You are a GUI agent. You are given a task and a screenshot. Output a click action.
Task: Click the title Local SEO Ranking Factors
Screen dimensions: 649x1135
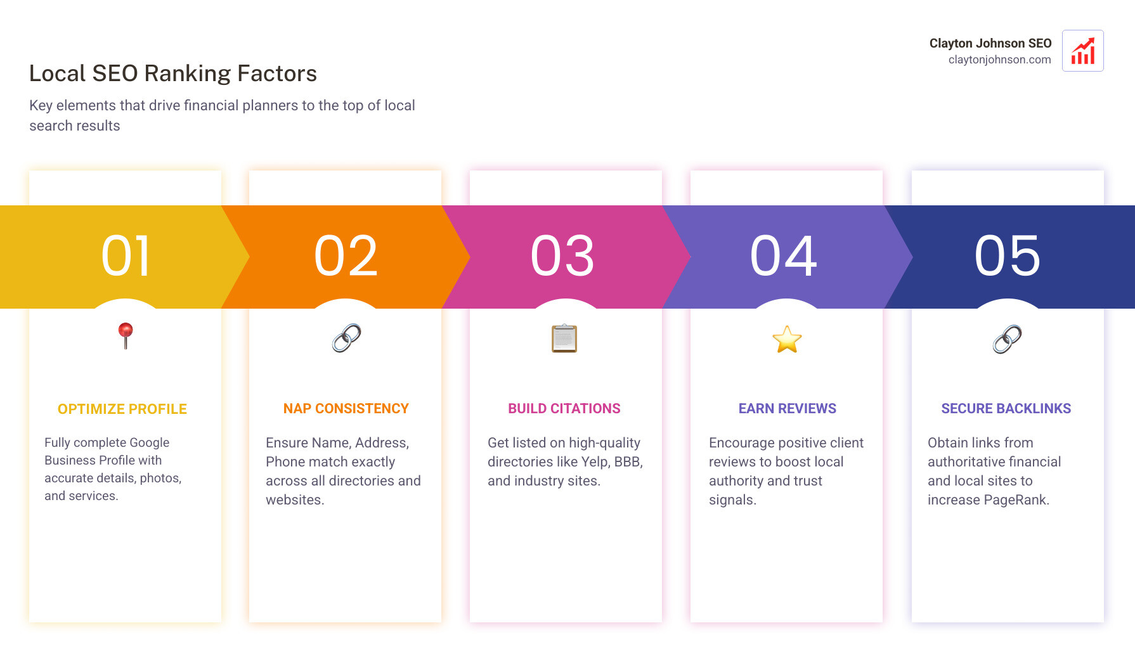(x=172, y=74)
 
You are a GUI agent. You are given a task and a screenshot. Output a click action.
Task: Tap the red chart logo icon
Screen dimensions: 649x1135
(x=1082, y=51)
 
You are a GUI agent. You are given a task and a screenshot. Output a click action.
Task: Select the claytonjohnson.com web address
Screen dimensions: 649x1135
(x=999, y=60)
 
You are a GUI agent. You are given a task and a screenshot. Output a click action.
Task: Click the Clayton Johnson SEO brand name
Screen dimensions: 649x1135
(x=990, y=43)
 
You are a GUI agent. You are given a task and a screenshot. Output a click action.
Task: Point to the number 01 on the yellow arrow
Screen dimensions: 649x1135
(x=126, y=256)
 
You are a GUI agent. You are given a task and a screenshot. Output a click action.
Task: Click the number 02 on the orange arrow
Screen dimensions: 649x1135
(x=346, y=256)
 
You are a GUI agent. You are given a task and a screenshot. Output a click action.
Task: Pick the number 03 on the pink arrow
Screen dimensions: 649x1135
(x=562, y=256)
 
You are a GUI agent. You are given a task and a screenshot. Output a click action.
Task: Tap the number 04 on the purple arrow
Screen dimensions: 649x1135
(x=784, y=256)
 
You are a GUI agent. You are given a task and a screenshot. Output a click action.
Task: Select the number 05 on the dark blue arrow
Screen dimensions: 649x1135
(x=1007, y=256)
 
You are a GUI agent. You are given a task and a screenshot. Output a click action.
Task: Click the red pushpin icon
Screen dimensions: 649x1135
(x=126, y=335)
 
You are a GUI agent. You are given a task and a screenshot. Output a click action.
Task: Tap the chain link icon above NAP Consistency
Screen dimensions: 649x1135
(x=346, y=338)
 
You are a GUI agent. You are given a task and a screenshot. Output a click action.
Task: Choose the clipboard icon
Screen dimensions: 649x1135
(x=564, y=338)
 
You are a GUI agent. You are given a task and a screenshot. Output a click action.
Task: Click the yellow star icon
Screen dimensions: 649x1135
(x=787, y=340)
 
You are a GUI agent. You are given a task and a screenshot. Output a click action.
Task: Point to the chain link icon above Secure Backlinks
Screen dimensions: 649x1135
(x=1007, y=339)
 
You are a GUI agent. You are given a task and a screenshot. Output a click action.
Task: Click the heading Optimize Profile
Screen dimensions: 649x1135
(x=122, y=409)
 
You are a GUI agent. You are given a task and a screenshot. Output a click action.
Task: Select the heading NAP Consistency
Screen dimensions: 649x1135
(x=346, y=409)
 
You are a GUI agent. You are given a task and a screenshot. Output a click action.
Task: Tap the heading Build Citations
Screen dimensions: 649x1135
(x=564, y=409)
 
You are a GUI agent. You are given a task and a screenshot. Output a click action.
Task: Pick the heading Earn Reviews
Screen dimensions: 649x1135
(x=787, y=409)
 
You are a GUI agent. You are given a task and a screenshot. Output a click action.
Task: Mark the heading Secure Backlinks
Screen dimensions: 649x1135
(x=1006, y=409)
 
